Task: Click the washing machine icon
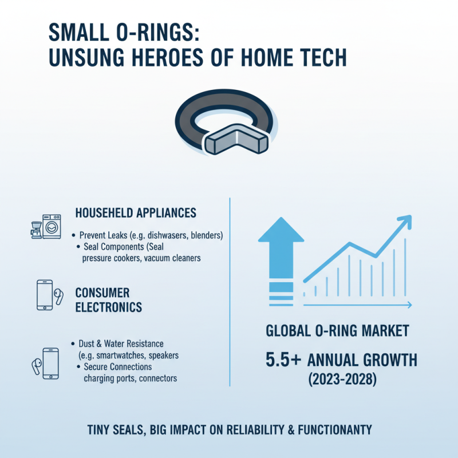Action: [51, 226]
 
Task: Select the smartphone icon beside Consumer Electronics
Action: [44, 294]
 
